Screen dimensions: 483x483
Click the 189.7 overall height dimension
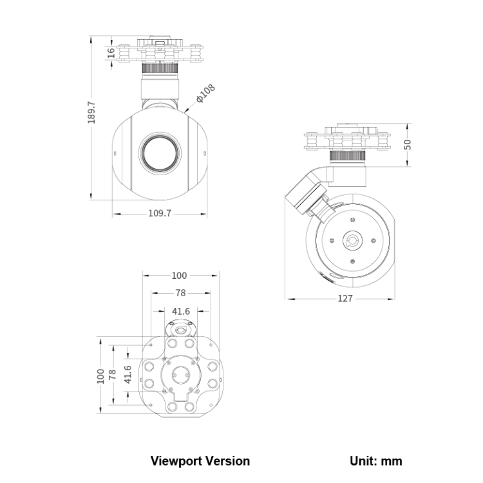(x=91, y=113)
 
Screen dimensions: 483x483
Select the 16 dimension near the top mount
(x=111, y=53)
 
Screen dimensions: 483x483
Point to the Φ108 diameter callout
(x=206, y=94)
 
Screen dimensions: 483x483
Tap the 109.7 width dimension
(x=160, y=214)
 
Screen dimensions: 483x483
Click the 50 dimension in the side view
(x=407, y=144)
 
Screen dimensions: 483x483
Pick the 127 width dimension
(x=345, y=298)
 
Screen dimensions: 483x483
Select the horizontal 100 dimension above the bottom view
(x=179, y=276)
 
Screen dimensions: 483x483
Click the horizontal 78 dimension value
(x=180, y=292)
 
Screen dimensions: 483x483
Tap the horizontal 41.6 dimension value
(x=180, y=310)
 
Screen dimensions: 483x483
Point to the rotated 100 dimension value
(x=100, y=375)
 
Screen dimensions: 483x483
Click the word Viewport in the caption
(x=176, y=461)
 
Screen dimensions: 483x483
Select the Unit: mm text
(x=376, y=461)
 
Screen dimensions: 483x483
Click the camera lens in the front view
(x=160, y=153)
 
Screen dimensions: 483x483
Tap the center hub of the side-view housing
(x=352, y=242)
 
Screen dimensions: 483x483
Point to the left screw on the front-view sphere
(x=115, y=154)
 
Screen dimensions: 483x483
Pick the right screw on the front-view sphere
(x=204, y=154)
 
